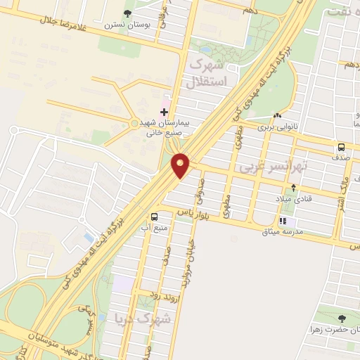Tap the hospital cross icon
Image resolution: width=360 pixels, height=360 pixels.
pos(165,112)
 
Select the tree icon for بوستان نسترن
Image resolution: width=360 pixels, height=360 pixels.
pos(127,13)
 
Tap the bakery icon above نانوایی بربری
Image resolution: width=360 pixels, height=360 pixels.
pos(278,115)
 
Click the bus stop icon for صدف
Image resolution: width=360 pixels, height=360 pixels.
pos(341,148)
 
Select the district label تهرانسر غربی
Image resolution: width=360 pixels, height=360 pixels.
pos(264,168)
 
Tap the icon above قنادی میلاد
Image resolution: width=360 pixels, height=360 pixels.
pos(294,187)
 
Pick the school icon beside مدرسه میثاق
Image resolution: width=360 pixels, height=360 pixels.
pos(283,220)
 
